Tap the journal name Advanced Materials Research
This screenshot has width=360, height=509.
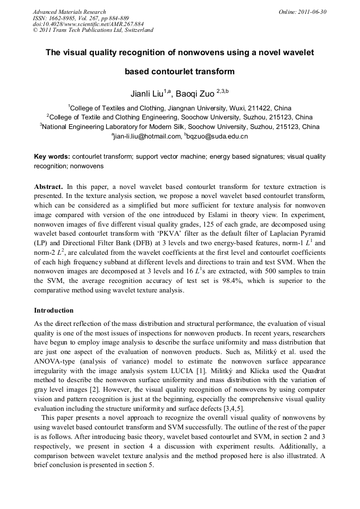69,12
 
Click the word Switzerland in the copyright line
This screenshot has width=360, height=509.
138,30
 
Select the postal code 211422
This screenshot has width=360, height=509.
262,107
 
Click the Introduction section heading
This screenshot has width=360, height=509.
54,310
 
